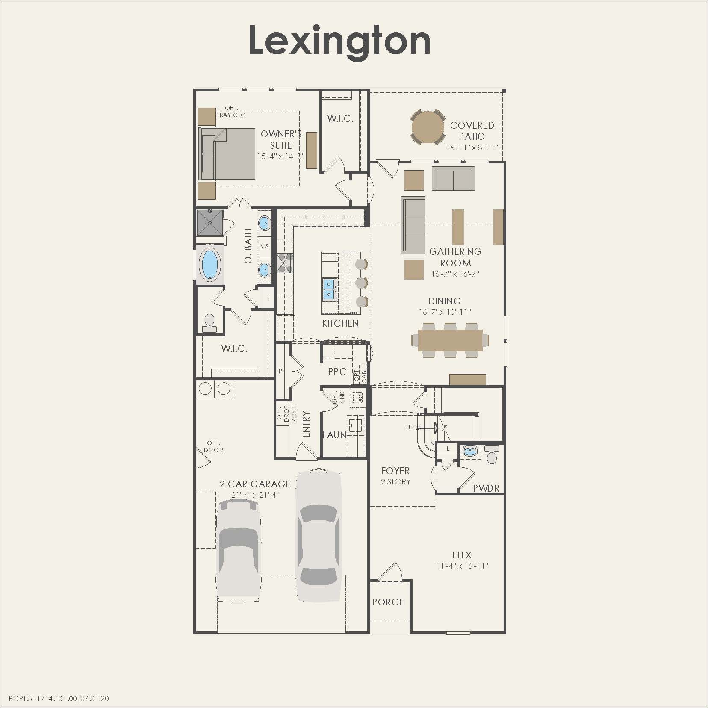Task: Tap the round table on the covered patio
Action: (x=428, y=127)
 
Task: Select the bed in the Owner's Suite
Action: (x=228, y=154)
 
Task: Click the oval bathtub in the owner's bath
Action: (x=209, y=265)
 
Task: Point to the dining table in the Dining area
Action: (x=450, y=340)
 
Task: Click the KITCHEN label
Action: (x=340, y=324)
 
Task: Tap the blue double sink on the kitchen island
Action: (x=328, y=289)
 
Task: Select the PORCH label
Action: (x=388, y=602)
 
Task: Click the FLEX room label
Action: (x=462, y=555)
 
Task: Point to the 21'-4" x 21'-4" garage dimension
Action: (x=255, y=495)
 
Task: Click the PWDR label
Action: (x=486, y=488)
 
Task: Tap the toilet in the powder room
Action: (x=492, y=457)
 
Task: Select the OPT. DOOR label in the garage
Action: (x=213, y=446)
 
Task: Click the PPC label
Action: (x=337, y=372)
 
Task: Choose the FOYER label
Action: (x=395, y=471)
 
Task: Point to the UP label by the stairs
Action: (x=410, y=427)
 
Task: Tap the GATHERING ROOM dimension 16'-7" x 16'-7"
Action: (x=455, y=274)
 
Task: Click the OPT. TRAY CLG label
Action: (x=231, y=112)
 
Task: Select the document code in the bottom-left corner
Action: (x=55, y=699)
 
